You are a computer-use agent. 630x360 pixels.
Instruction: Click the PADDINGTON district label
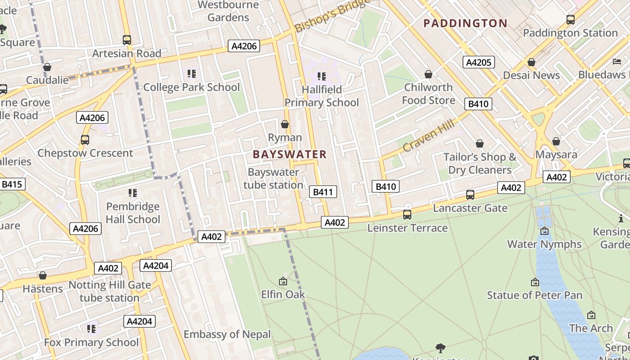click(465, 23)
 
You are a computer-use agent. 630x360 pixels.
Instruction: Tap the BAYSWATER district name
click(289, 154)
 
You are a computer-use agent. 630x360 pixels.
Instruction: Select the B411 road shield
click(323, 192)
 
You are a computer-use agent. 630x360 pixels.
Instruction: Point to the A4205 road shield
click(479, 62)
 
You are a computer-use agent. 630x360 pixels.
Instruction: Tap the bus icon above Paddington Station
click(571, 20)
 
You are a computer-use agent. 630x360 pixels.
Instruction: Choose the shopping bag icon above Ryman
click(285, 124)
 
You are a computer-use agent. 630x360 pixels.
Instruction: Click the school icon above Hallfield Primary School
click(321, 76)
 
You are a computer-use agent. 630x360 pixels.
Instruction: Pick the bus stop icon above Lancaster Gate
click(470, 195)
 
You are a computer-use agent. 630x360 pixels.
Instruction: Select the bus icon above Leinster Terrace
click(407, 215)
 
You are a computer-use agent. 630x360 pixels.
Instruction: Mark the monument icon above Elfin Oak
click(283, 281)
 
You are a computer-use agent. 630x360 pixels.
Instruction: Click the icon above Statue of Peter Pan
click(535, 282)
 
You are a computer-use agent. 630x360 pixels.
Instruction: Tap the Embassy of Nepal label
click(227, 334)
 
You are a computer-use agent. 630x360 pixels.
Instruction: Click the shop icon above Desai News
click(531, 62)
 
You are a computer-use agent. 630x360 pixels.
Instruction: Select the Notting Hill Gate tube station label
click(109, 291)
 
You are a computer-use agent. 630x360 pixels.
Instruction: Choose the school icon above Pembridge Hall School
click(133, 193)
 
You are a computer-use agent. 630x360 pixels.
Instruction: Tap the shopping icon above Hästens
click(43, 275)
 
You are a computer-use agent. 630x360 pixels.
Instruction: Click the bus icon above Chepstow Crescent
click(85, 140)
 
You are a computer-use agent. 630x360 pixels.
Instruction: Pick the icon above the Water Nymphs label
click(544, 231)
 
